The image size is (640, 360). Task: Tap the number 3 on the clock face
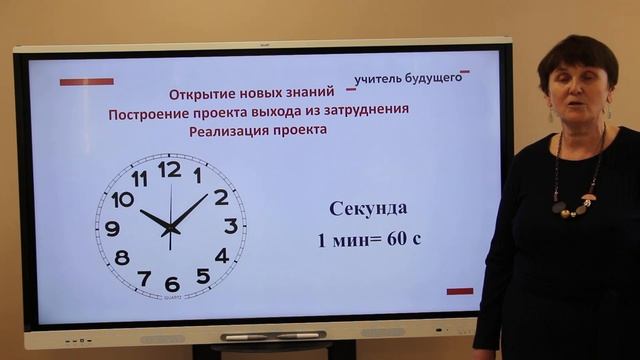coord(231,226)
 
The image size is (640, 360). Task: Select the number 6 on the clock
coord(171,283)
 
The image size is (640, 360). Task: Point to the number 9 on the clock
coord(112,228)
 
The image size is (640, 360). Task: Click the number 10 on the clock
coord(122,199)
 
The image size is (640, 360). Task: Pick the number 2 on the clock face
coord(221,197)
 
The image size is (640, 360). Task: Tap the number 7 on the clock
coord(144,277)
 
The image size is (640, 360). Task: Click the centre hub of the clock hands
coord(170,229)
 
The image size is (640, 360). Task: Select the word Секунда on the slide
coord(368,208)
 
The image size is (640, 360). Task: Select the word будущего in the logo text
coord(435,77)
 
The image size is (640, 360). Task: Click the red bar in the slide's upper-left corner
coord(86,82)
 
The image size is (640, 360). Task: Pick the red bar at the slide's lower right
coord(460,291)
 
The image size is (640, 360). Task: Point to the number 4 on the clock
coord(221,256)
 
